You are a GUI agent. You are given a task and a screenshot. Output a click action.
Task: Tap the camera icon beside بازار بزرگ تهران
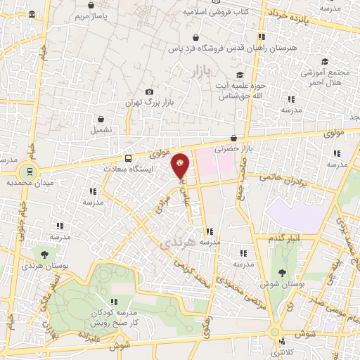(149, 92)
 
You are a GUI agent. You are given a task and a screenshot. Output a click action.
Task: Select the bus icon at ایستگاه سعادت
(128, 158)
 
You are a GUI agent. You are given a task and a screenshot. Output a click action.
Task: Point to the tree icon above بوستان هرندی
(45, 255)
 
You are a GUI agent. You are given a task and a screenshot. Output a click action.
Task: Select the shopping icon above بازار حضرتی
(233, 139)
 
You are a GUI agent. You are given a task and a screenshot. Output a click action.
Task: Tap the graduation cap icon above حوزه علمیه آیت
(239, 75)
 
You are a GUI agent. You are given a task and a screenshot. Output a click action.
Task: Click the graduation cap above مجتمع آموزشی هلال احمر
(324, 62)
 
